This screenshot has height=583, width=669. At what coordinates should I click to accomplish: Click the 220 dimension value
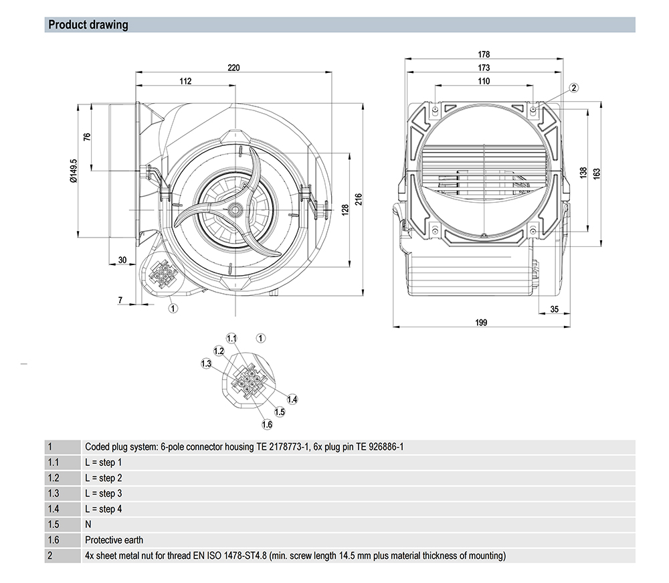(x=233, y=68)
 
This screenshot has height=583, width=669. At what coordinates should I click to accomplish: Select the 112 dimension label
(x=185, y=81)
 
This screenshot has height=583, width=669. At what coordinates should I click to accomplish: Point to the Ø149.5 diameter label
(x=74, y=170)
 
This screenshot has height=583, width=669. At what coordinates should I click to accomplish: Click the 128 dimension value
(x=345, y=210)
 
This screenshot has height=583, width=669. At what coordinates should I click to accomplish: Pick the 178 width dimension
(x=484, y=54)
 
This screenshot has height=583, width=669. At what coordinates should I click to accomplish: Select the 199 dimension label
(x=481, y=322)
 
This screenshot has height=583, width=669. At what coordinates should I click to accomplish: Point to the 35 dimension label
(x=554, y=309)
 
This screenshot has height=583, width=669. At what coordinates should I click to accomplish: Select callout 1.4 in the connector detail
(x=292, y=399)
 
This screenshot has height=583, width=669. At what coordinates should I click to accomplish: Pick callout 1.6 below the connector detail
(x=267, y=424)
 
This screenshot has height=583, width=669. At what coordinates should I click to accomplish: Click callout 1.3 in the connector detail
(x=206, y=363)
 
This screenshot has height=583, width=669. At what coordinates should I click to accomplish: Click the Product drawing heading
(x=88, y=25)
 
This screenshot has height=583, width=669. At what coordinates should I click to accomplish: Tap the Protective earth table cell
(x=114, y=539)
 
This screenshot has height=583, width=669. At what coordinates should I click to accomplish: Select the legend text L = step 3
(x=104, y=493)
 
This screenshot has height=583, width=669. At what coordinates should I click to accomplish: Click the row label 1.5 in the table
(x=54, y=524)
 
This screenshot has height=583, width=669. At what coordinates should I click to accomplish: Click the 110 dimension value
(x=484, y=81)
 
